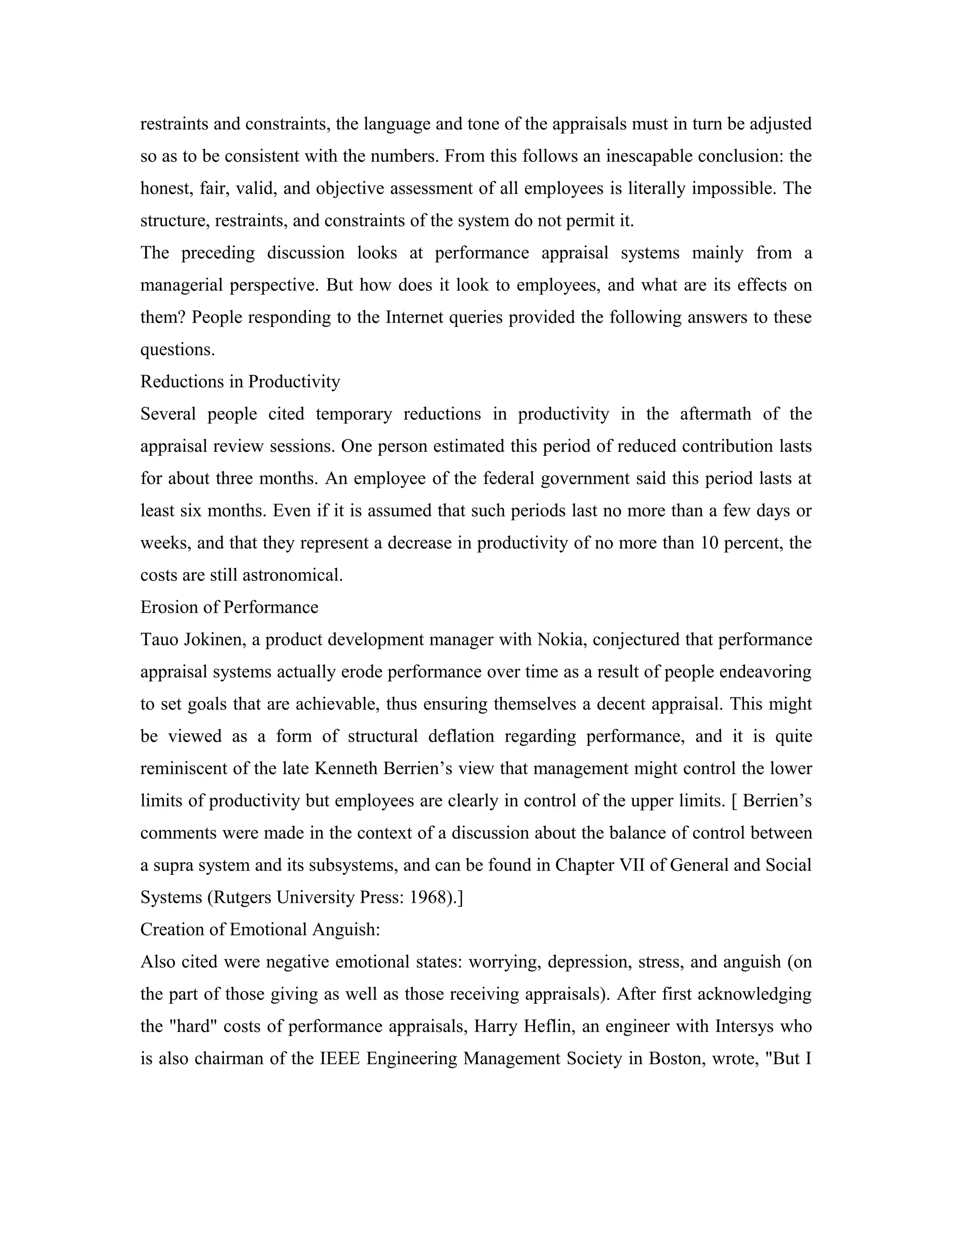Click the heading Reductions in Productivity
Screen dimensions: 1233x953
point(240,382)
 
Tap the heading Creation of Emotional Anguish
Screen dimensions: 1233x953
point(260,930)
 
